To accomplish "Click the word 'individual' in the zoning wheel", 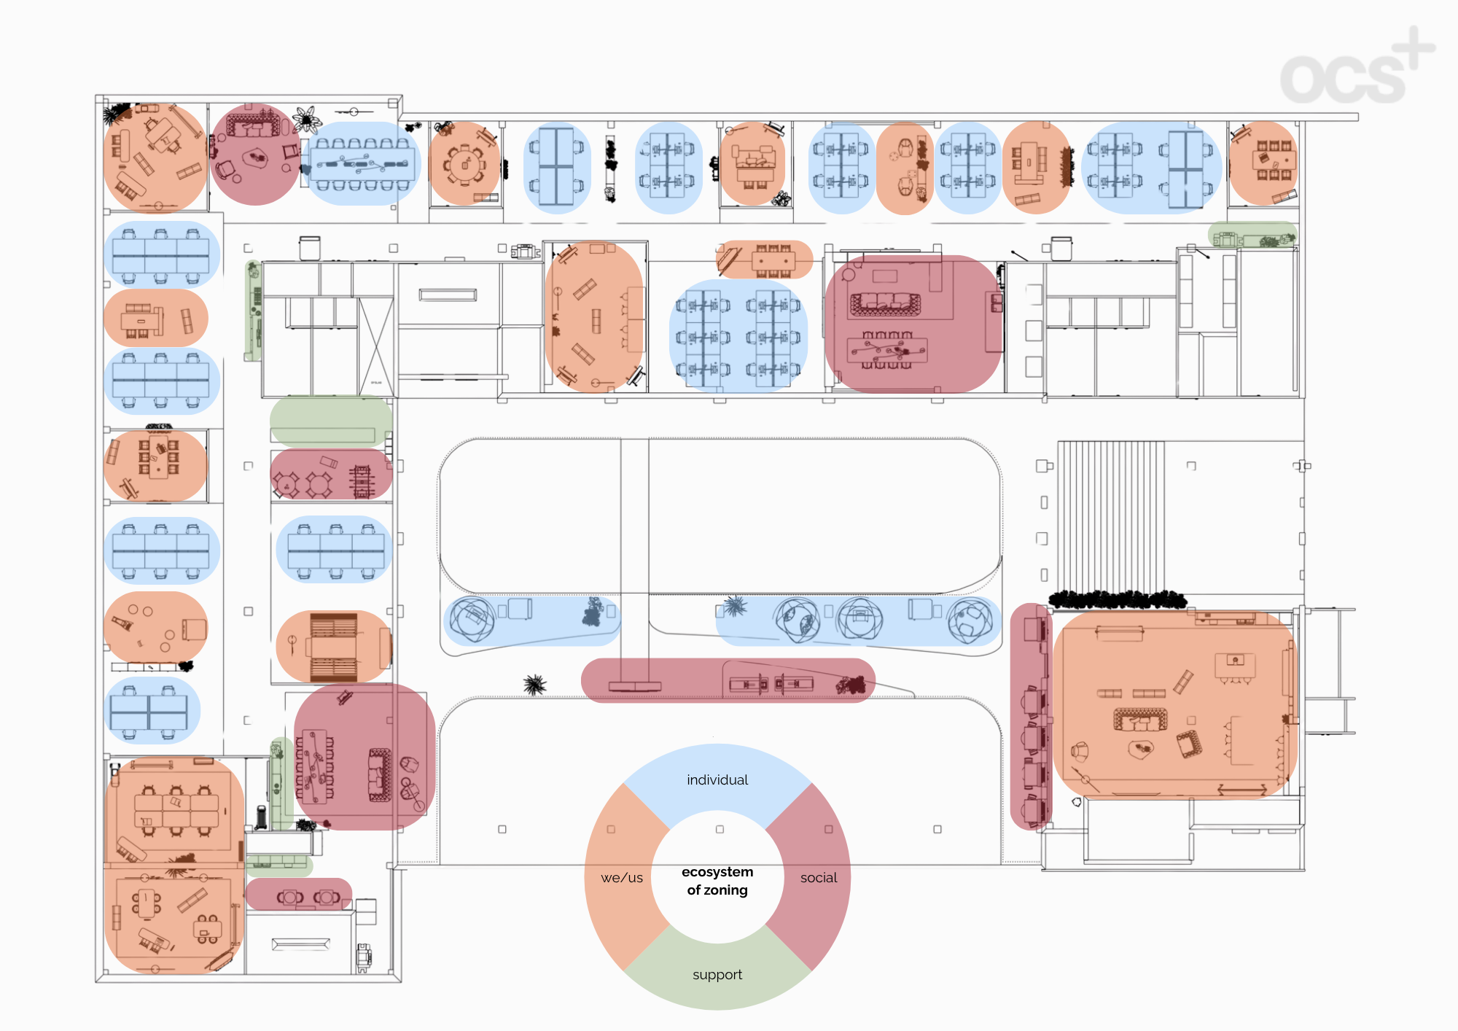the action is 717,780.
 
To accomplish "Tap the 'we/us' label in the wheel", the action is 622,878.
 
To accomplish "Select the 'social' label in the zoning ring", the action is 819,878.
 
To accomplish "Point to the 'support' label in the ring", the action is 717,975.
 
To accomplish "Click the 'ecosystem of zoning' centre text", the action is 717,881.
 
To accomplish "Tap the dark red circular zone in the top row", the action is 255,154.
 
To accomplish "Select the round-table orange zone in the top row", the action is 465,163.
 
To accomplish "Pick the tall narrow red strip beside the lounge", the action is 1030,716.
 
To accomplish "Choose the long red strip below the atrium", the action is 728,680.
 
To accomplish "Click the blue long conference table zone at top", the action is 362,163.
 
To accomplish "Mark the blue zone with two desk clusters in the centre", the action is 738,336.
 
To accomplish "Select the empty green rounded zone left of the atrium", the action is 331,421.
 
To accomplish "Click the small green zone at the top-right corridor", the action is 1252,235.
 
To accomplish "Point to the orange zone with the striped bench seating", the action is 334,647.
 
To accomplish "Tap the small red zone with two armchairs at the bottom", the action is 299,895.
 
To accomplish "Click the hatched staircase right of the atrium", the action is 1111,519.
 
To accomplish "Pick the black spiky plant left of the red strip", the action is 535,684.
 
